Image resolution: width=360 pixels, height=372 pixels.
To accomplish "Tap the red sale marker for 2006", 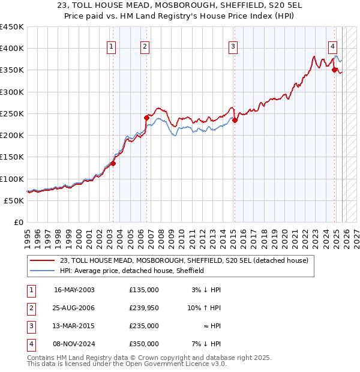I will pyautogui.click(x=146, y=118).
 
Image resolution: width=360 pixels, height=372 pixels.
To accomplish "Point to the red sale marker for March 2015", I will pyautogui.click(x=235, y=120).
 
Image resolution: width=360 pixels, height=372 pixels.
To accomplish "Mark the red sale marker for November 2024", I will pyautogui.click(x=335, y=70).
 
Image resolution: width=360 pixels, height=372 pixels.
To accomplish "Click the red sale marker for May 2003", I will pyautogui.click(x=113, y=163).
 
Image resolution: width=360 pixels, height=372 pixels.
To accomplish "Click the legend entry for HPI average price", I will pyautogui.click(x=132, y=271).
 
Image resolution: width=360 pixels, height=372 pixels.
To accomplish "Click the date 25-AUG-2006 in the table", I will pyautogui.click(x=74, y=308).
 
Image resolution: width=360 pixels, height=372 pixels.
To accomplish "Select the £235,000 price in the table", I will pyautogui.click(x=144, y=326).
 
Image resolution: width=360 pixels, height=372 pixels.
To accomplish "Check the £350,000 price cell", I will pyautogui.click(x=144, y=344).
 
